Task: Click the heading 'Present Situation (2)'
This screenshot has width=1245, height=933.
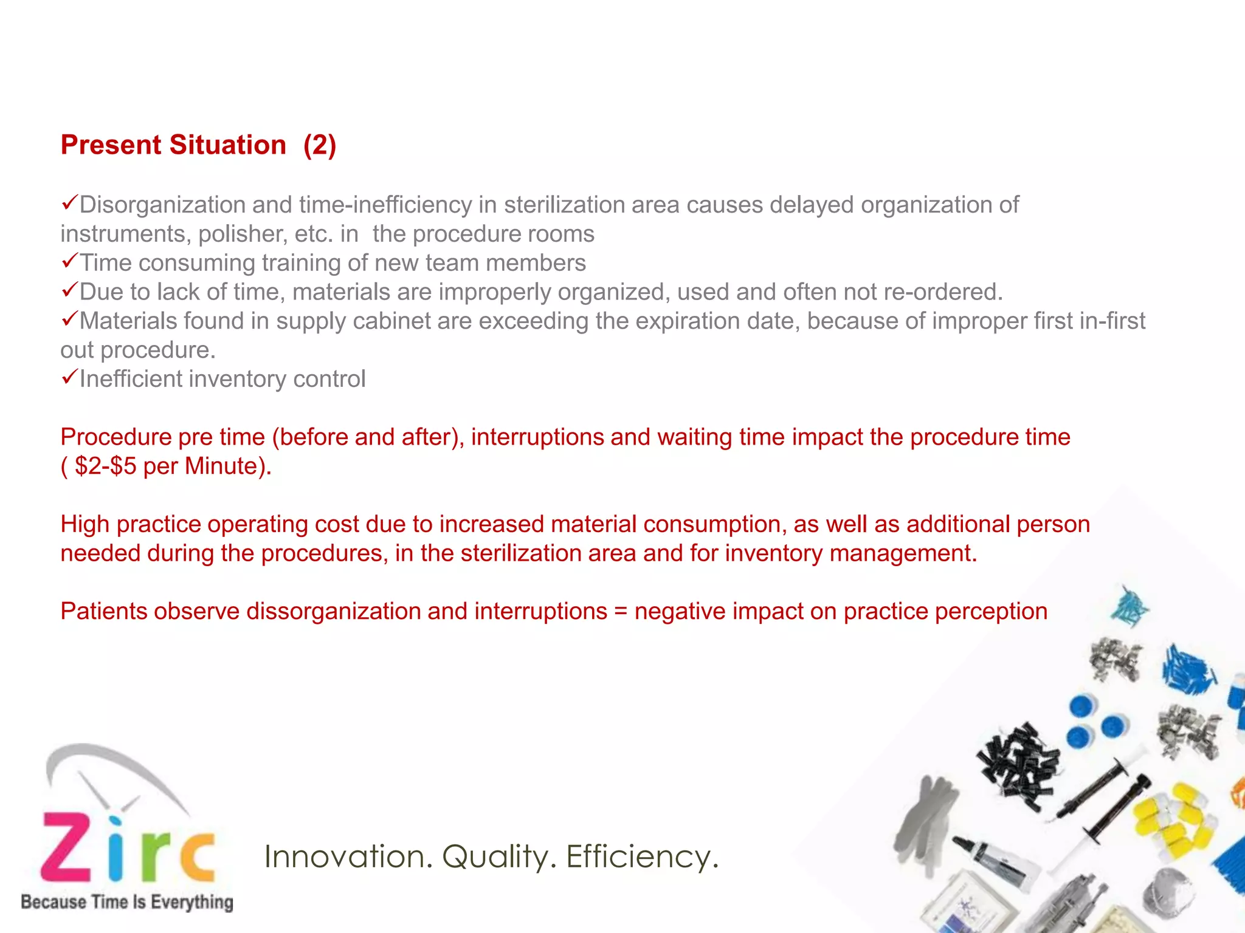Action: pyautogui.click(x=198, y=146)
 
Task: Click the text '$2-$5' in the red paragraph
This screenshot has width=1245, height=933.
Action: pyautogui.click(x=105, y=466)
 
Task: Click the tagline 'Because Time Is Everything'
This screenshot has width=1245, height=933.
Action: pyautogui.click(x=127, y=902)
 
